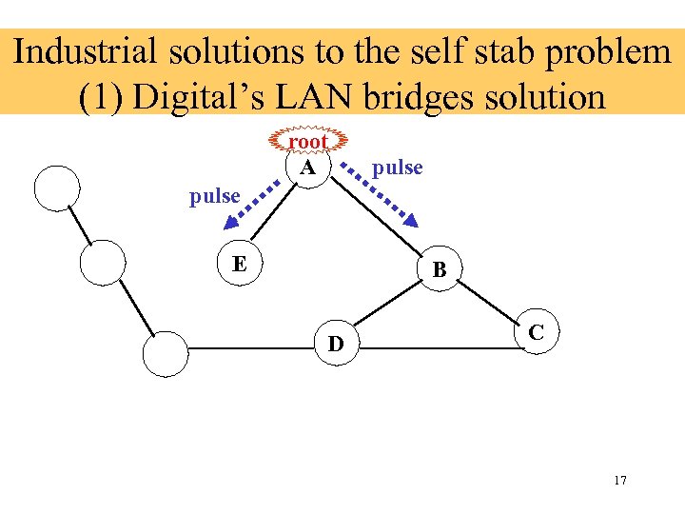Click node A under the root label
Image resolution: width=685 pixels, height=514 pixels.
pos(307,168)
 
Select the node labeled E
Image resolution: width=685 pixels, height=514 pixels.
pos(241,263)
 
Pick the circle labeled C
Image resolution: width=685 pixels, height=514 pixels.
pos(537,332)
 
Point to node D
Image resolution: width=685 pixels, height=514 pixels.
pos(336,344)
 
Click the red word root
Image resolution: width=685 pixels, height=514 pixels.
pos(307,142)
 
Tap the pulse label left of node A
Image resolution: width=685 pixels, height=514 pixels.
pos(214,195)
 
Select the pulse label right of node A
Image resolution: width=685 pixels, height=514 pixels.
pos(397,168)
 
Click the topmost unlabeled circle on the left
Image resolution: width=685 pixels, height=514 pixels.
pos(56,187)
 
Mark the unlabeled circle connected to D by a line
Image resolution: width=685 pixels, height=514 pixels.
pos(165,354)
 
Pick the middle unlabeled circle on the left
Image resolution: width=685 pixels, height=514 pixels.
pos(102,262)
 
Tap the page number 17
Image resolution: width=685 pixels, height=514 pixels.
pos(620,480)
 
